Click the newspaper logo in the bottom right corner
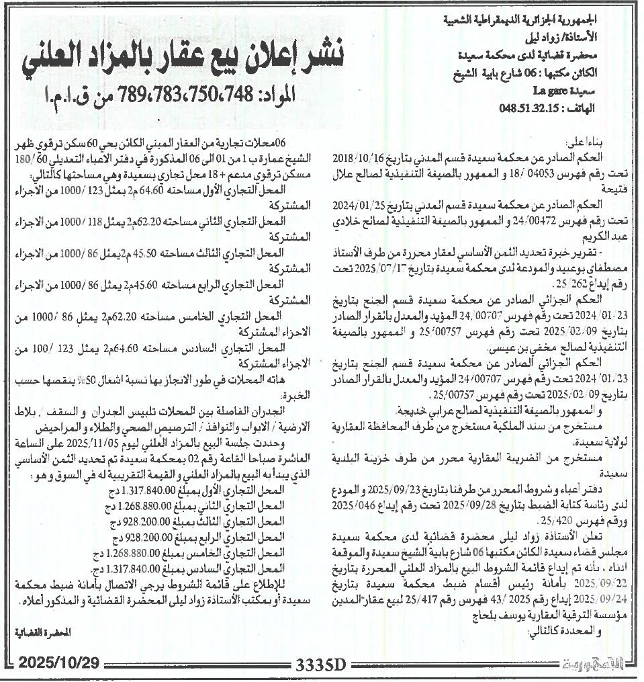(598, 665)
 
